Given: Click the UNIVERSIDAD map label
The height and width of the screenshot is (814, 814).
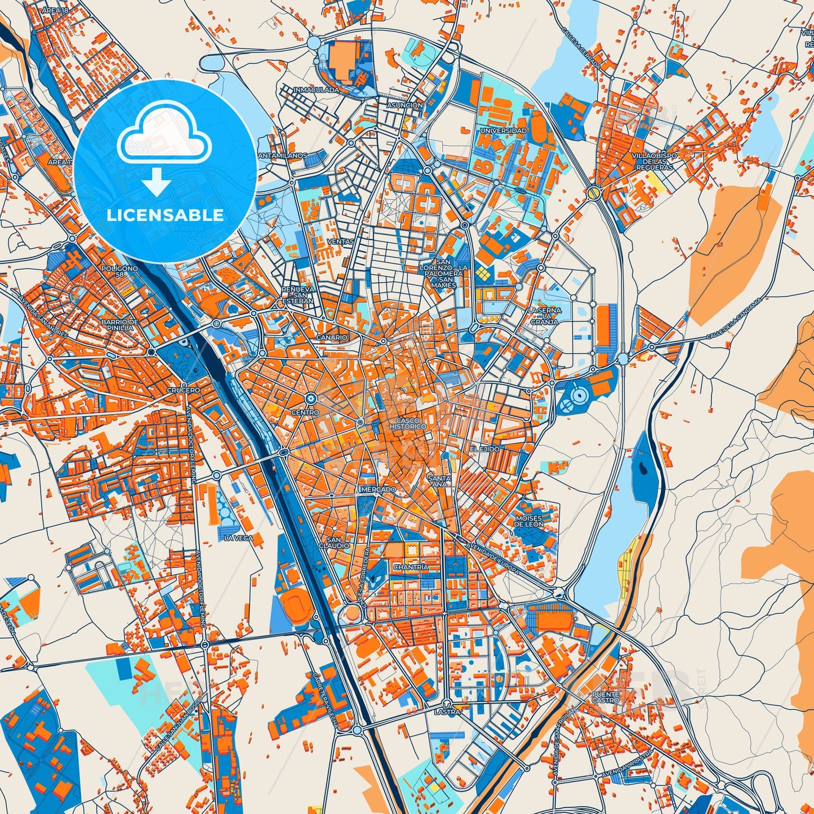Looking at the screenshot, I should [503, 131].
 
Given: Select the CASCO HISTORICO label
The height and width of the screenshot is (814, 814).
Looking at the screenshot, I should [411, 424].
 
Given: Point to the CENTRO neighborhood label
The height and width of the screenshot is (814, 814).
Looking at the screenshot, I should [305, 413].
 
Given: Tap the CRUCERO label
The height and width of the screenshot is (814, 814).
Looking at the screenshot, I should [183, 390].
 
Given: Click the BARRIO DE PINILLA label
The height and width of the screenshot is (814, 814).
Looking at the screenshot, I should [118, 324].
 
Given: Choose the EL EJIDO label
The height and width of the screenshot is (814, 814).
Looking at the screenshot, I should [485, 449].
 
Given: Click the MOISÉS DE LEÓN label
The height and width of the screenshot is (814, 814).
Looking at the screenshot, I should [529, 521].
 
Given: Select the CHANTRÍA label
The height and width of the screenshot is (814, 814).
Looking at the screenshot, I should [411, 567].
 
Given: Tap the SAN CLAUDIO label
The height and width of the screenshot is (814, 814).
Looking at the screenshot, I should [334, 542].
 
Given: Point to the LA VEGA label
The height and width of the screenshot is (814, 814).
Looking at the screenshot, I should [239, 538].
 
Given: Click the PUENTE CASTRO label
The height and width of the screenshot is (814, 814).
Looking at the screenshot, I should [606, 698].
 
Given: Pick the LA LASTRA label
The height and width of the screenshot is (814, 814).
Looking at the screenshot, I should [447, 709].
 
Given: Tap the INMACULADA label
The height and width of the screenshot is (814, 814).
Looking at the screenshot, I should [316, 90].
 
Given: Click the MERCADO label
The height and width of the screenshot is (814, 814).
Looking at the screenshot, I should [378, 490].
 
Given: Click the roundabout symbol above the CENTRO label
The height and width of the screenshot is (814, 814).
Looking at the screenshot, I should [310, 399].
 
